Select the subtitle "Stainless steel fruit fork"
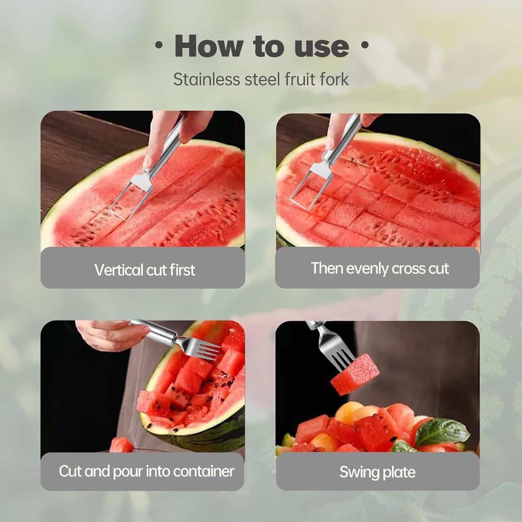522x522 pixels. click(261, 79)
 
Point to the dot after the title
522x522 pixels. click(365, 46)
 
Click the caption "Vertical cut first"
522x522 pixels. click(144, 270)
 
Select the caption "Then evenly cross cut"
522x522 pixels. click(380, 268)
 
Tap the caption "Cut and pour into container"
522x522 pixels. click(146, 471)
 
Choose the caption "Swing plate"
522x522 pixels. click(377, 472)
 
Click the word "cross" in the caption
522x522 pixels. click(404, 268)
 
